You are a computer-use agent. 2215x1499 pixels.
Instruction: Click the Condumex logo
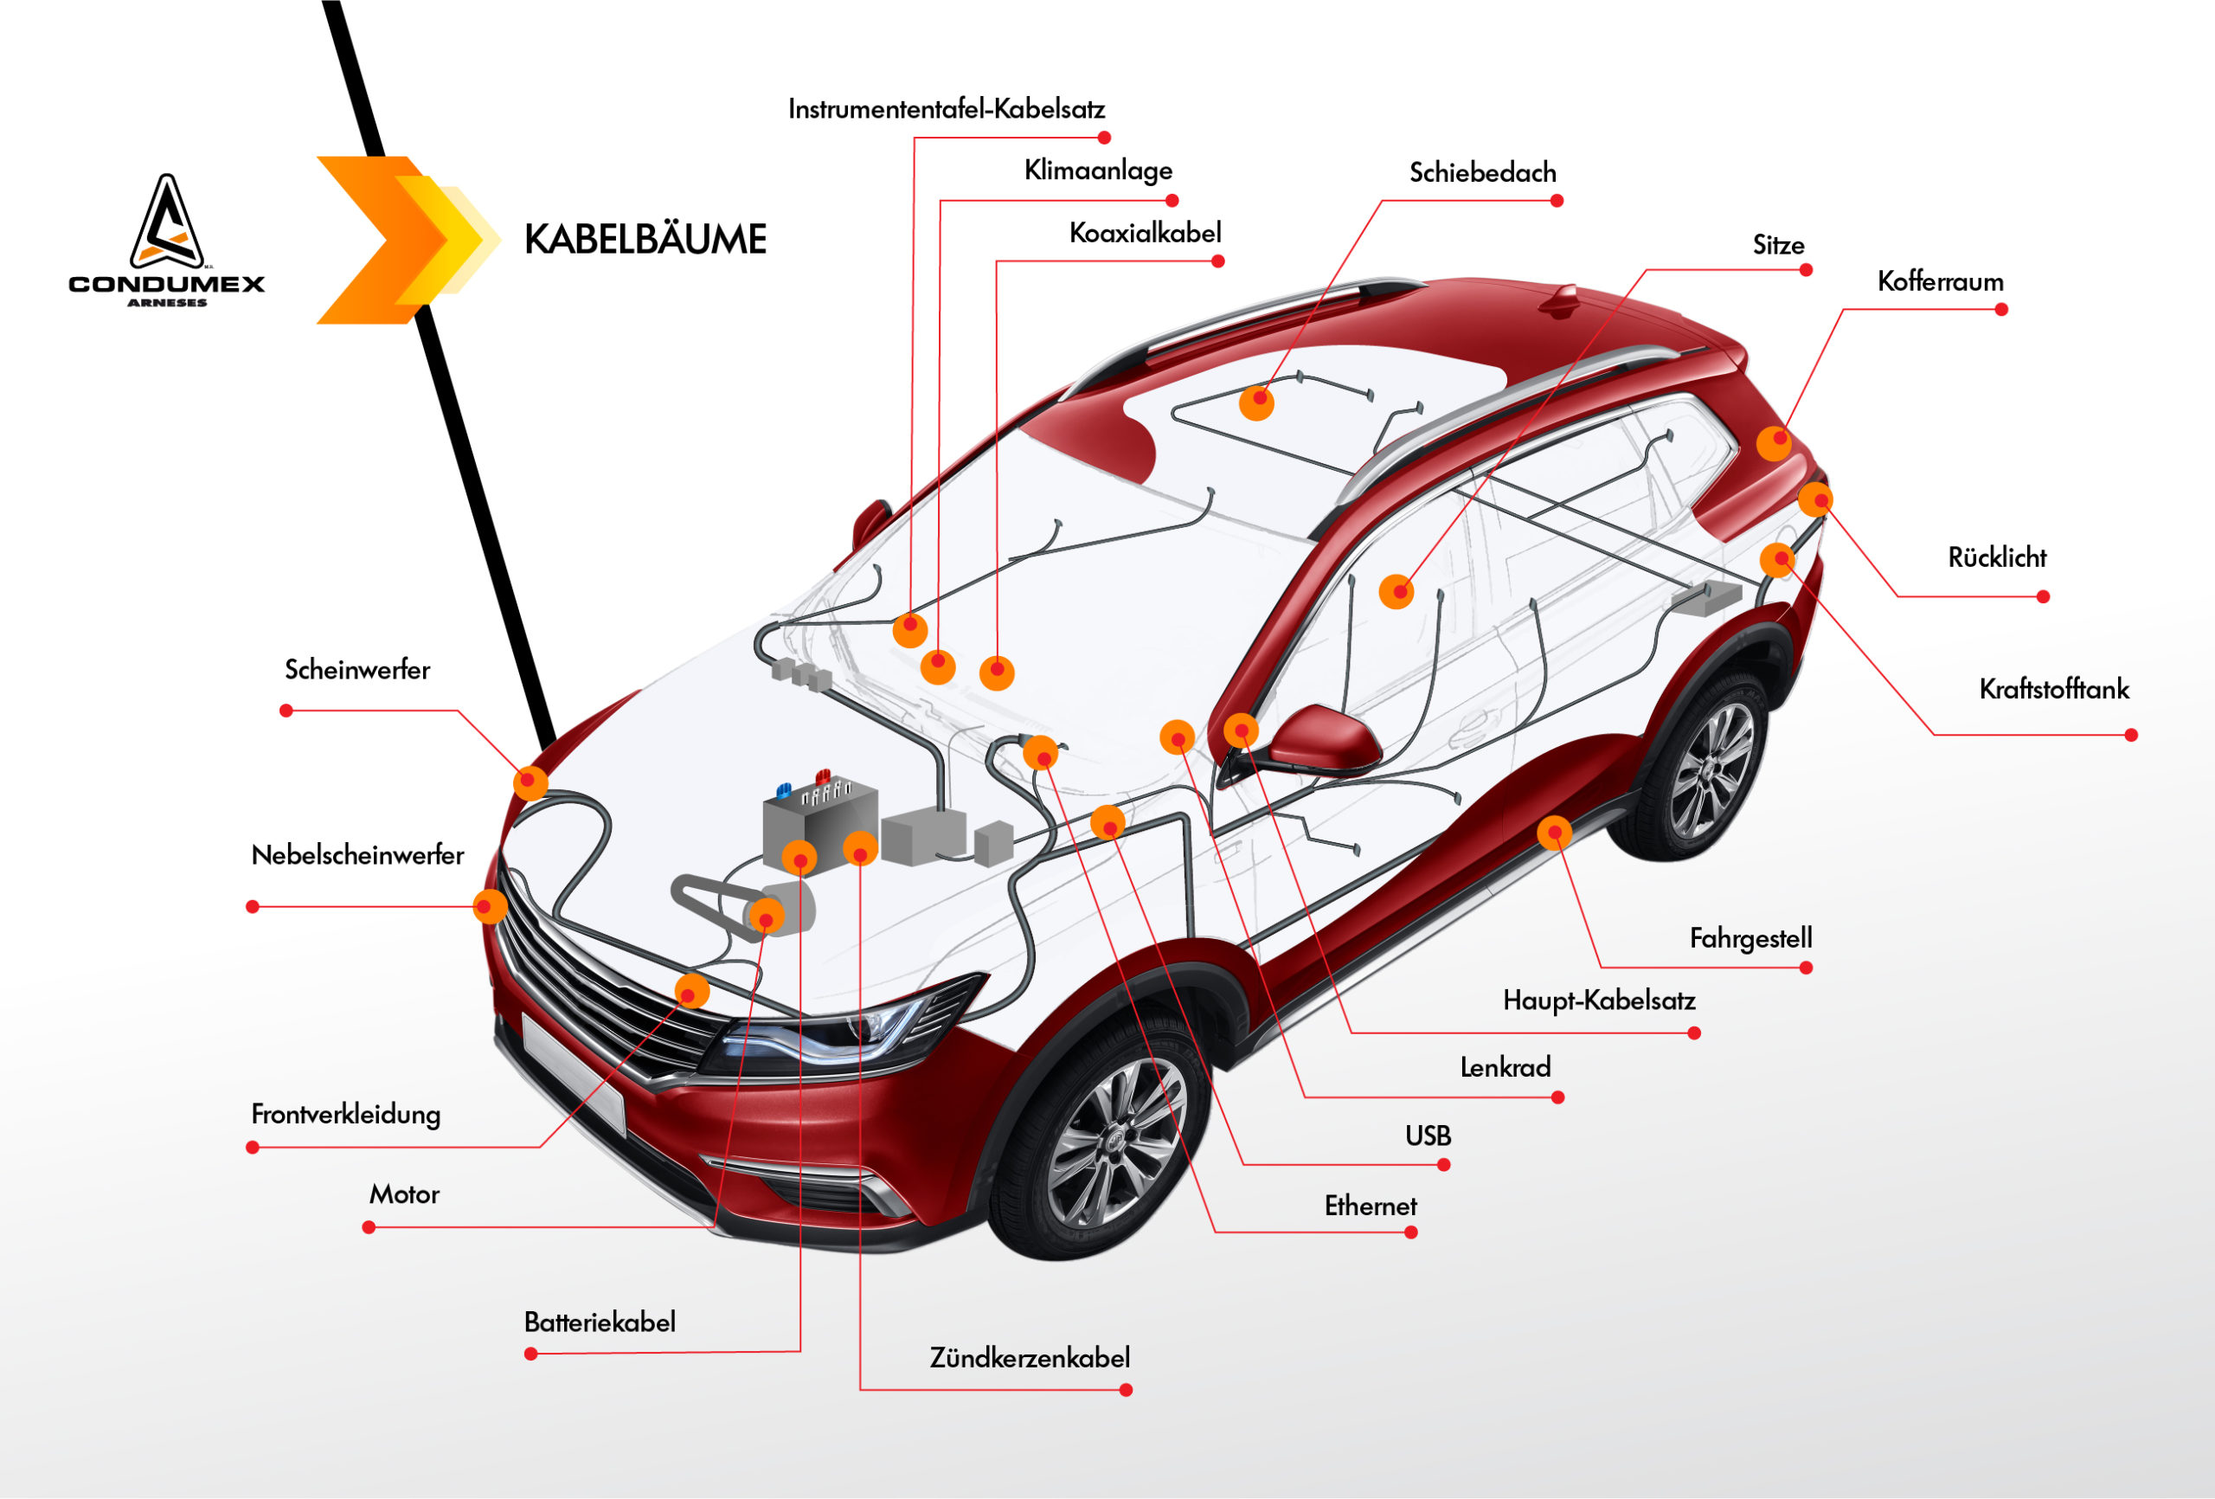coord(167,241)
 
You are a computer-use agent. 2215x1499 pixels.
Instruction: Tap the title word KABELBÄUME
coord(645,240)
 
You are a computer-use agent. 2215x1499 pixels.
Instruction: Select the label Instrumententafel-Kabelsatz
coord(947,110)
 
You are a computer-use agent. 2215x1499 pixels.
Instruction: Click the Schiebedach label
coord(1482,172)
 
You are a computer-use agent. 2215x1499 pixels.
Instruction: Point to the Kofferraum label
coord(1940,282)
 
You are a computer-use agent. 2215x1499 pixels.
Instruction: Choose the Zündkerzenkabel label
coord(1030,1358)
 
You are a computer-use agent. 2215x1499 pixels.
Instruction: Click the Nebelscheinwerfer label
coord(357,855)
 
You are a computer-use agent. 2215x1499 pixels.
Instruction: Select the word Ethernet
coord(1371,1206)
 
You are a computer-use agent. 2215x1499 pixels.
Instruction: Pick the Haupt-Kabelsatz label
coord(1598,1001)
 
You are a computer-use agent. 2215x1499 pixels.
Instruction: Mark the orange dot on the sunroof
coord(1256,403)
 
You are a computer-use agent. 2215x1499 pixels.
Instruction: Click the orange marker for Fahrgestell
coord(1554,833)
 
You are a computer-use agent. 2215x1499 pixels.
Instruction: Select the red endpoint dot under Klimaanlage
coord(1172,201)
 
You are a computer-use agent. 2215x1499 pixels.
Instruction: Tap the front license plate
coord(573,1073)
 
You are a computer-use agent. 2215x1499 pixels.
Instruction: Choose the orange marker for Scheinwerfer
coord(531,783)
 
